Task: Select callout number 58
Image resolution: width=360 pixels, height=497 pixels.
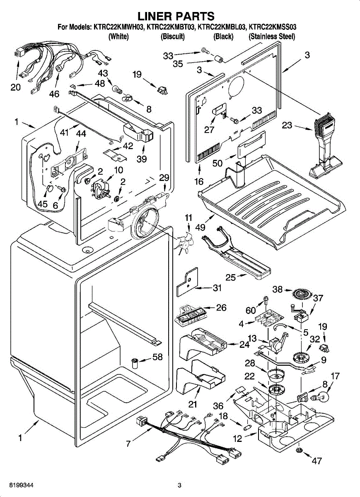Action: (x=157, y=357)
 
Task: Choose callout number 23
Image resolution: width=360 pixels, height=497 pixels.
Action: (x=287, y=125)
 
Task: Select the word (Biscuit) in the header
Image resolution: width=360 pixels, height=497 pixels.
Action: (x=172, y=36)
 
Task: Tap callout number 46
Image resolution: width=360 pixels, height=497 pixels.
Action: (x=54, y=94)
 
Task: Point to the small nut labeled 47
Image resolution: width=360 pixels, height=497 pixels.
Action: (x=298, y=450)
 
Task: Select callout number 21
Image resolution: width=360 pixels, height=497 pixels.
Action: (x=193, y=404)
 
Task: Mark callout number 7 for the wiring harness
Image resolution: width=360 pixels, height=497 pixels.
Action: (x=128, y=444)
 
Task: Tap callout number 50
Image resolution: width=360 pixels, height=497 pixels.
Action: (x=217, y=163)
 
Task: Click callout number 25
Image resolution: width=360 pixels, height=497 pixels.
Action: (x=231, y=277)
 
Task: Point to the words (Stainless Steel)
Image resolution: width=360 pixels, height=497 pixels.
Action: (x=272, y=36)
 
